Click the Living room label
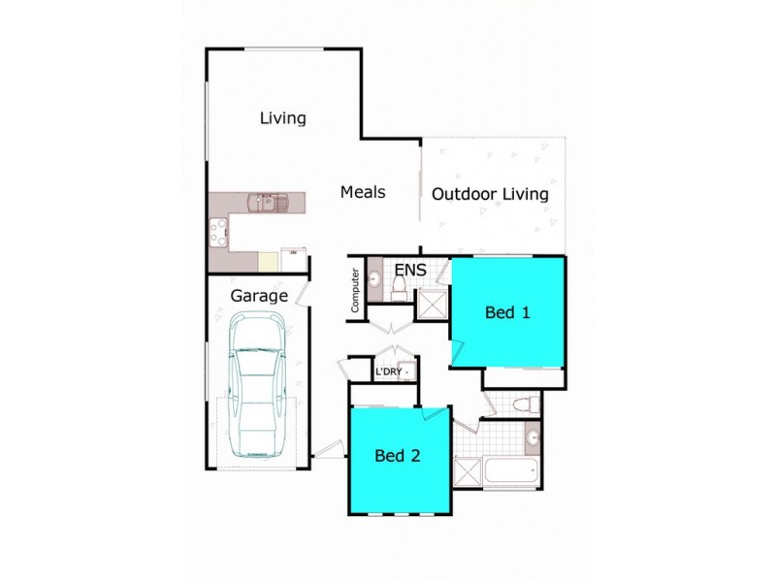click(x=283, y=118)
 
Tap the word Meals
click(x=363, y=192)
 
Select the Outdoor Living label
click(x=490, y=194)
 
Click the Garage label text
click(x=259, y=295)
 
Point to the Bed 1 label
click(x=507, y=312)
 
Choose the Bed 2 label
click(x=398, y=455)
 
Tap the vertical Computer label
click(x=356, y=290)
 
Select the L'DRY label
click(x=388, y=372)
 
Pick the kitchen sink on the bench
click(x=264, y=203)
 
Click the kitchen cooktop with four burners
click(x=218, y=232)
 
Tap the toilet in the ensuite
click(x=398, y=285)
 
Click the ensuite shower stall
click(x=430, y=306)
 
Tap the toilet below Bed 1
click(x=523, y=404)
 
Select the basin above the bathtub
click(x=533, y=438)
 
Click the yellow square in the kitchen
click(x=268, y=261)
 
